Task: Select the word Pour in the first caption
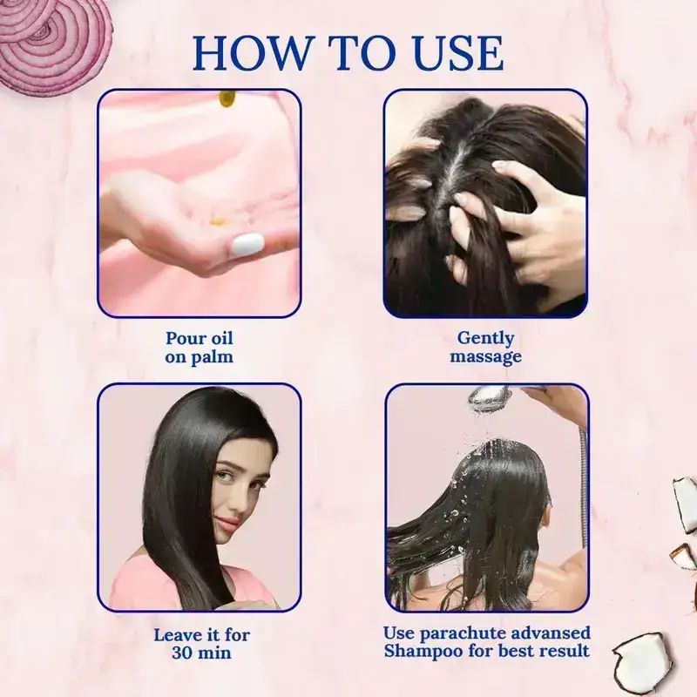[184, 338]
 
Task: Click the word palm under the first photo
[213, 356]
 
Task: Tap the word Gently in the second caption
[485, 338]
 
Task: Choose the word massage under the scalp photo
[485, 356]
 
